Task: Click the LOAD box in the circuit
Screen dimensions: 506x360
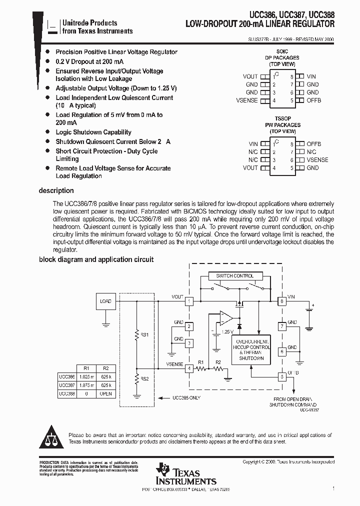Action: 105,301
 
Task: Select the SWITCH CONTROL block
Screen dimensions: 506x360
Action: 234,276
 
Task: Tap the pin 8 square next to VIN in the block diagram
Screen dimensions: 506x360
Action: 282,301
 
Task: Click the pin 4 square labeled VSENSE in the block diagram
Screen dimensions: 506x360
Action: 189,368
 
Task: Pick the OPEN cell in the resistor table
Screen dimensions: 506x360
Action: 105,393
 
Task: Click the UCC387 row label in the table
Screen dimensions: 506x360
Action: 66,385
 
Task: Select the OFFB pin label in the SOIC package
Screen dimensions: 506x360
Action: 313,100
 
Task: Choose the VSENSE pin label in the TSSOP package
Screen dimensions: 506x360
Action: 317,160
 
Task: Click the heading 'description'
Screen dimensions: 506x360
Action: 56,190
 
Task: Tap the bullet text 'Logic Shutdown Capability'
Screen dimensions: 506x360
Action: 93,132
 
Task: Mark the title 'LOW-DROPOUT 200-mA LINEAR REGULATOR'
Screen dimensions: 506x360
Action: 260,24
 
